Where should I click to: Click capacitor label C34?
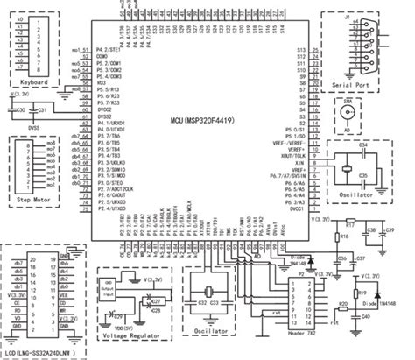[x=363, y=142]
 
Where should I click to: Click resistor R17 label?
[x=351, y=223]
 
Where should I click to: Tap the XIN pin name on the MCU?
[x=300, y=163]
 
